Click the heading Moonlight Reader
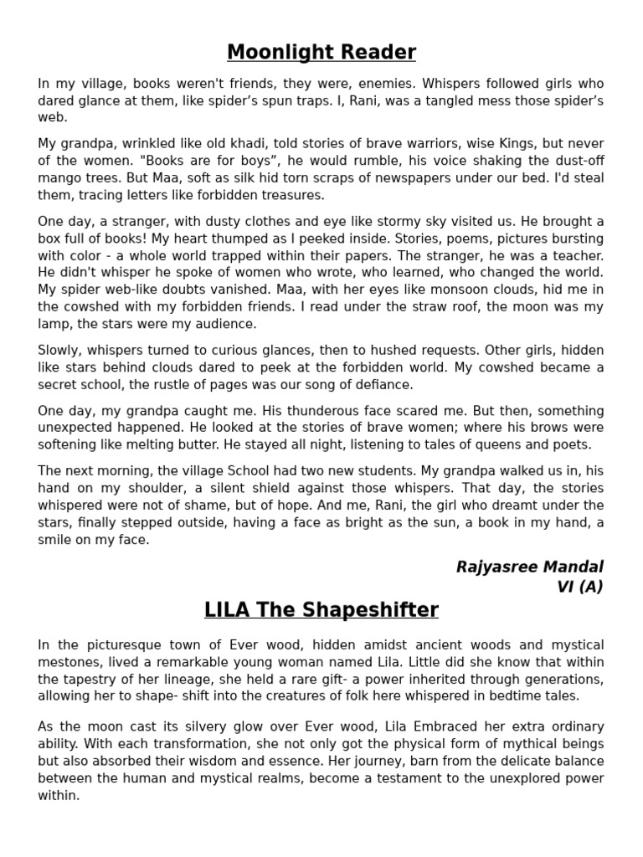321,53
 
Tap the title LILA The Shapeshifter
321,610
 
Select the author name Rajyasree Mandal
529,567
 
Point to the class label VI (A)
579,587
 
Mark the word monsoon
426,290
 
